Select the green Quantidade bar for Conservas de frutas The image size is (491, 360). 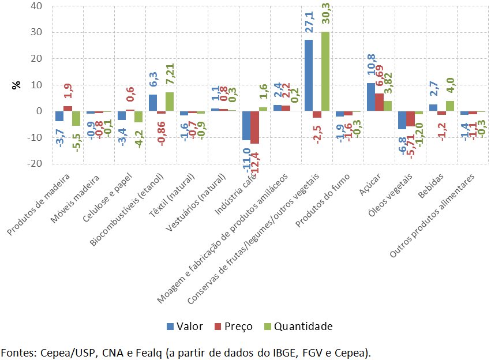point(325,71)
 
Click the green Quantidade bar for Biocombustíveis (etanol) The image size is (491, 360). point(170,102)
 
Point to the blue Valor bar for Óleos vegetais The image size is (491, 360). point(402,120)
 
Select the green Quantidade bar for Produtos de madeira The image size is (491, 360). point(76,118)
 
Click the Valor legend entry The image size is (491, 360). point(185,327)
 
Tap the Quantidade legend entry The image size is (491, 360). point(297,327)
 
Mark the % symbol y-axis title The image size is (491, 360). point(17,85)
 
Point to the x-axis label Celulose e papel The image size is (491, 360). point(115,198)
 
